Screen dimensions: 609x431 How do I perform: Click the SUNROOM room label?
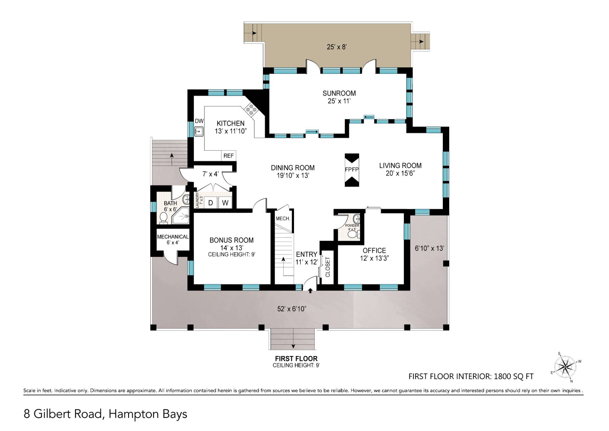(x=339, y=93)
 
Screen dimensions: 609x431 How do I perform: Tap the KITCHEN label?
(x=231, y=123)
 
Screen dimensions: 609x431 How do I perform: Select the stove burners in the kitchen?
(x=251, y=110)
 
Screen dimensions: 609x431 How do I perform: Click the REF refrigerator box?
(x=228, y=156)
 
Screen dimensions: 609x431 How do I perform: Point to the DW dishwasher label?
(x=199, y=121)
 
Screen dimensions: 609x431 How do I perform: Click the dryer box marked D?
(x=210, y=203)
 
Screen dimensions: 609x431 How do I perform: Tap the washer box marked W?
(x=225, y=203)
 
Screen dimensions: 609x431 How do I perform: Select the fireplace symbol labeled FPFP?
(x=352, y=170)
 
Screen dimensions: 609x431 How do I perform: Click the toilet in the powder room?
(x=353, y=234)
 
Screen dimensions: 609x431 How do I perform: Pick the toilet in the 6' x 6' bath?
(x=164, y=218)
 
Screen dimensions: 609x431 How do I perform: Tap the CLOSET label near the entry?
(x=328, y=267)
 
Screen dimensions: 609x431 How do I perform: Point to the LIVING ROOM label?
(x=400, y=165)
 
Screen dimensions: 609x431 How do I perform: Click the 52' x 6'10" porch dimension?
(x=291, y=309)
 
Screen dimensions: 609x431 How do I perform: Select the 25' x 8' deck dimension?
(x=337, y=47)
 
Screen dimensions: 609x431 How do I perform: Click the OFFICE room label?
(x=374, y=251)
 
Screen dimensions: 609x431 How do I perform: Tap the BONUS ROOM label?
(x=232, y=240)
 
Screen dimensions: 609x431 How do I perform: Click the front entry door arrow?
(x=310, y=290)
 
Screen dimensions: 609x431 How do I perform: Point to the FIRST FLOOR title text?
(x=296, y=359)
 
